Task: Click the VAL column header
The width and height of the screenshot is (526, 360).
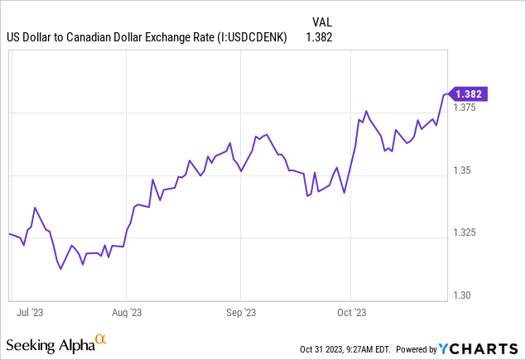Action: (322, 22)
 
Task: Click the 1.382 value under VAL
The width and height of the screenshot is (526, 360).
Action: (320, 37)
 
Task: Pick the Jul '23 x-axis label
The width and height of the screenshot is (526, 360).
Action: (29, 313)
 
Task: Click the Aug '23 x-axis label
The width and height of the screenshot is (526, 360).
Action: (126, 313)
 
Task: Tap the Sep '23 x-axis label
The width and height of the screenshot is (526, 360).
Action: (239, 313)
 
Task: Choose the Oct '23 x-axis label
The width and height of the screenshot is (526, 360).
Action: (350, 313)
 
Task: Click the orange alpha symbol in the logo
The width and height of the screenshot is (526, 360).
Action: (101, 339)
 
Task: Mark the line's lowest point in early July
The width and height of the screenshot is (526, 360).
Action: (60, 269)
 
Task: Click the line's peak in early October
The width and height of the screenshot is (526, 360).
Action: (365, 110)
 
